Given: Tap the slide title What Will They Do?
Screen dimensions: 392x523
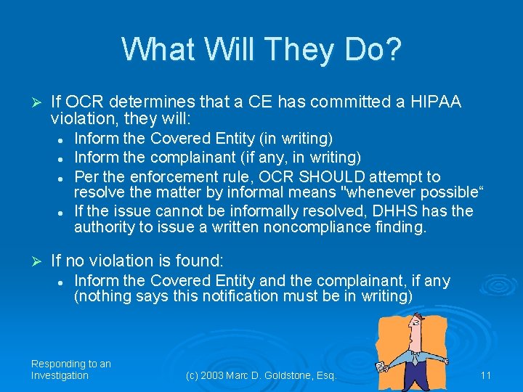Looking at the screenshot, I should click(261, 49).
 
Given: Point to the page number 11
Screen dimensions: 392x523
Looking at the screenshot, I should click(486, 375).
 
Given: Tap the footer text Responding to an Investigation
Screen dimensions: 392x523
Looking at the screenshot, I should click(70, 369).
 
